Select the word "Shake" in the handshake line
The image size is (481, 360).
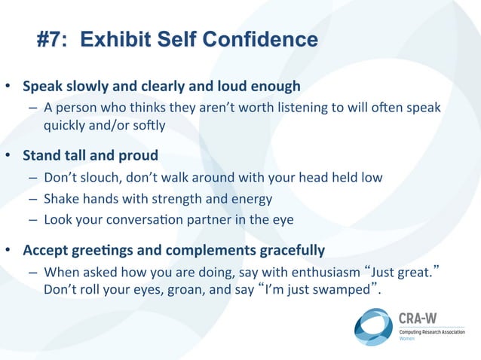tap(60, 199)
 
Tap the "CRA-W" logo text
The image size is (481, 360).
tap(417, 318)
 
